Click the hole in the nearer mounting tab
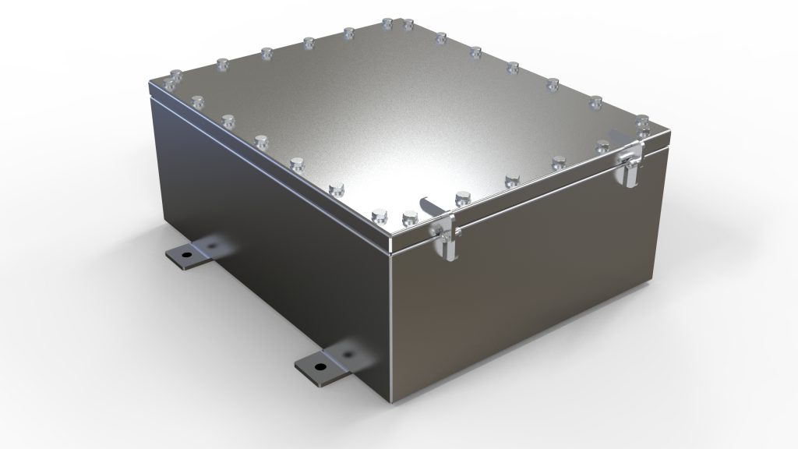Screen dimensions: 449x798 tap(319, 364)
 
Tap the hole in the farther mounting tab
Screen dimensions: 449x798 tap(185, 254)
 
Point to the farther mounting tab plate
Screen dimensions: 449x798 tap(190, 255)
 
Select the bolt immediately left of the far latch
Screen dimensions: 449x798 tap(602, 146)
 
